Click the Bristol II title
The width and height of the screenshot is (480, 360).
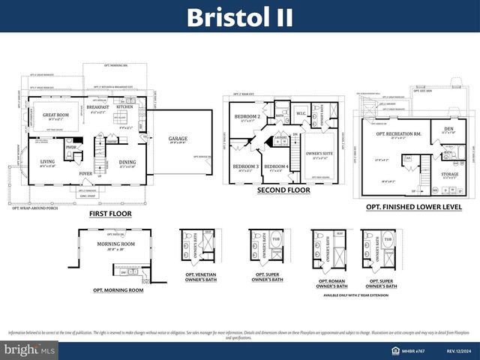(240, 16)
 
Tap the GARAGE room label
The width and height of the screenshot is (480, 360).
(178, 138)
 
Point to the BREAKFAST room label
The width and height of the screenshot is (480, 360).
(97, 107)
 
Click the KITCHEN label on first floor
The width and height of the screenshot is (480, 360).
(124, 107)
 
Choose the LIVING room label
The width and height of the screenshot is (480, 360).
(47, 161)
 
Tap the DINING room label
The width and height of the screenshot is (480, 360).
(127, 161)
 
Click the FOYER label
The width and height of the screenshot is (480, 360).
(86, 173)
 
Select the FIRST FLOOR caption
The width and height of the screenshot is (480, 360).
(109, 214)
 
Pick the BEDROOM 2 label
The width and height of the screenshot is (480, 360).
(247, 117)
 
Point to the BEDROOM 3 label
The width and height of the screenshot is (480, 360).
(244, 166)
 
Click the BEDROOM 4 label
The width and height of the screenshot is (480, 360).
(275, 166)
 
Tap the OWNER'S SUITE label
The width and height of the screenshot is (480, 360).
(319, 153)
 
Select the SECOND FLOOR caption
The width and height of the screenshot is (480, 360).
(283, 190)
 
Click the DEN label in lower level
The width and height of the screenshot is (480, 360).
(448, 128)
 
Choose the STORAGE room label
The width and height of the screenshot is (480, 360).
(450, 174)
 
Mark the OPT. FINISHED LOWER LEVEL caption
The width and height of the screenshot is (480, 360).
(413, 206)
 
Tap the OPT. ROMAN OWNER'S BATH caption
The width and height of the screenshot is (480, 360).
(331, 284)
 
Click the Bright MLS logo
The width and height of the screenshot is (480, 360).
(30, 350)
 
